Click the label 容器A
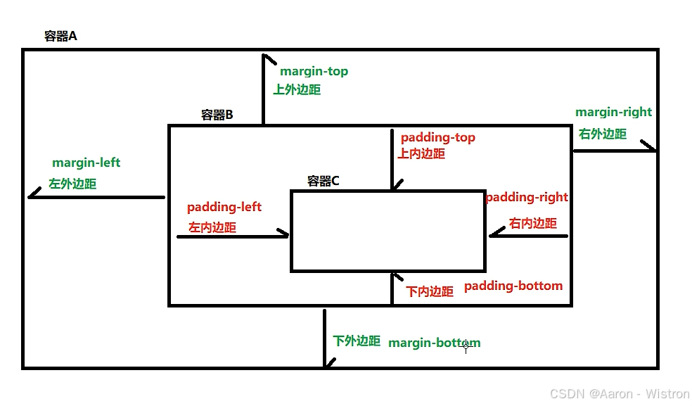[60, 37]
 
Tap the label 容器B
[217, 115]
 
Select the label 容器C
[323, 181]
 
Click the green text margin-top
[314, 71]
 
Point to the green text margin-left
[86, 163]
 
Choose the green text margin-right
[613, 112]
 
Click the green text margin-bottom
[435, 343]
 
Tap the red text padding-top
[437, 137]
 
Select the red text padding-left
[224, 207]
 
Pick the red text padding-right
[526, 197]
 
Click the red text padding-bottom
[513, 286]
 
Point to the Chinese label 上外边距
[297, 89]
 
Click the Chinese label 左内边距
[212, 227]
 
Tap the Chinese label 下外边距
[357, 341]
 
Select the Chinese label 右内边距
[532, 223]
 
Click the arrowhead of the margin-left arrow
[32, 196]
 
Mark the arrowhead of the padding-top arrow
[392, 186]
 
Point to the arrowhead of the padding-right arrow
[492, 235]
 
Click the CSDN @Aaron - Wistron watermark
[620, 394]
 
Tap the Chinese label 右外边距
[602, 134]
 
